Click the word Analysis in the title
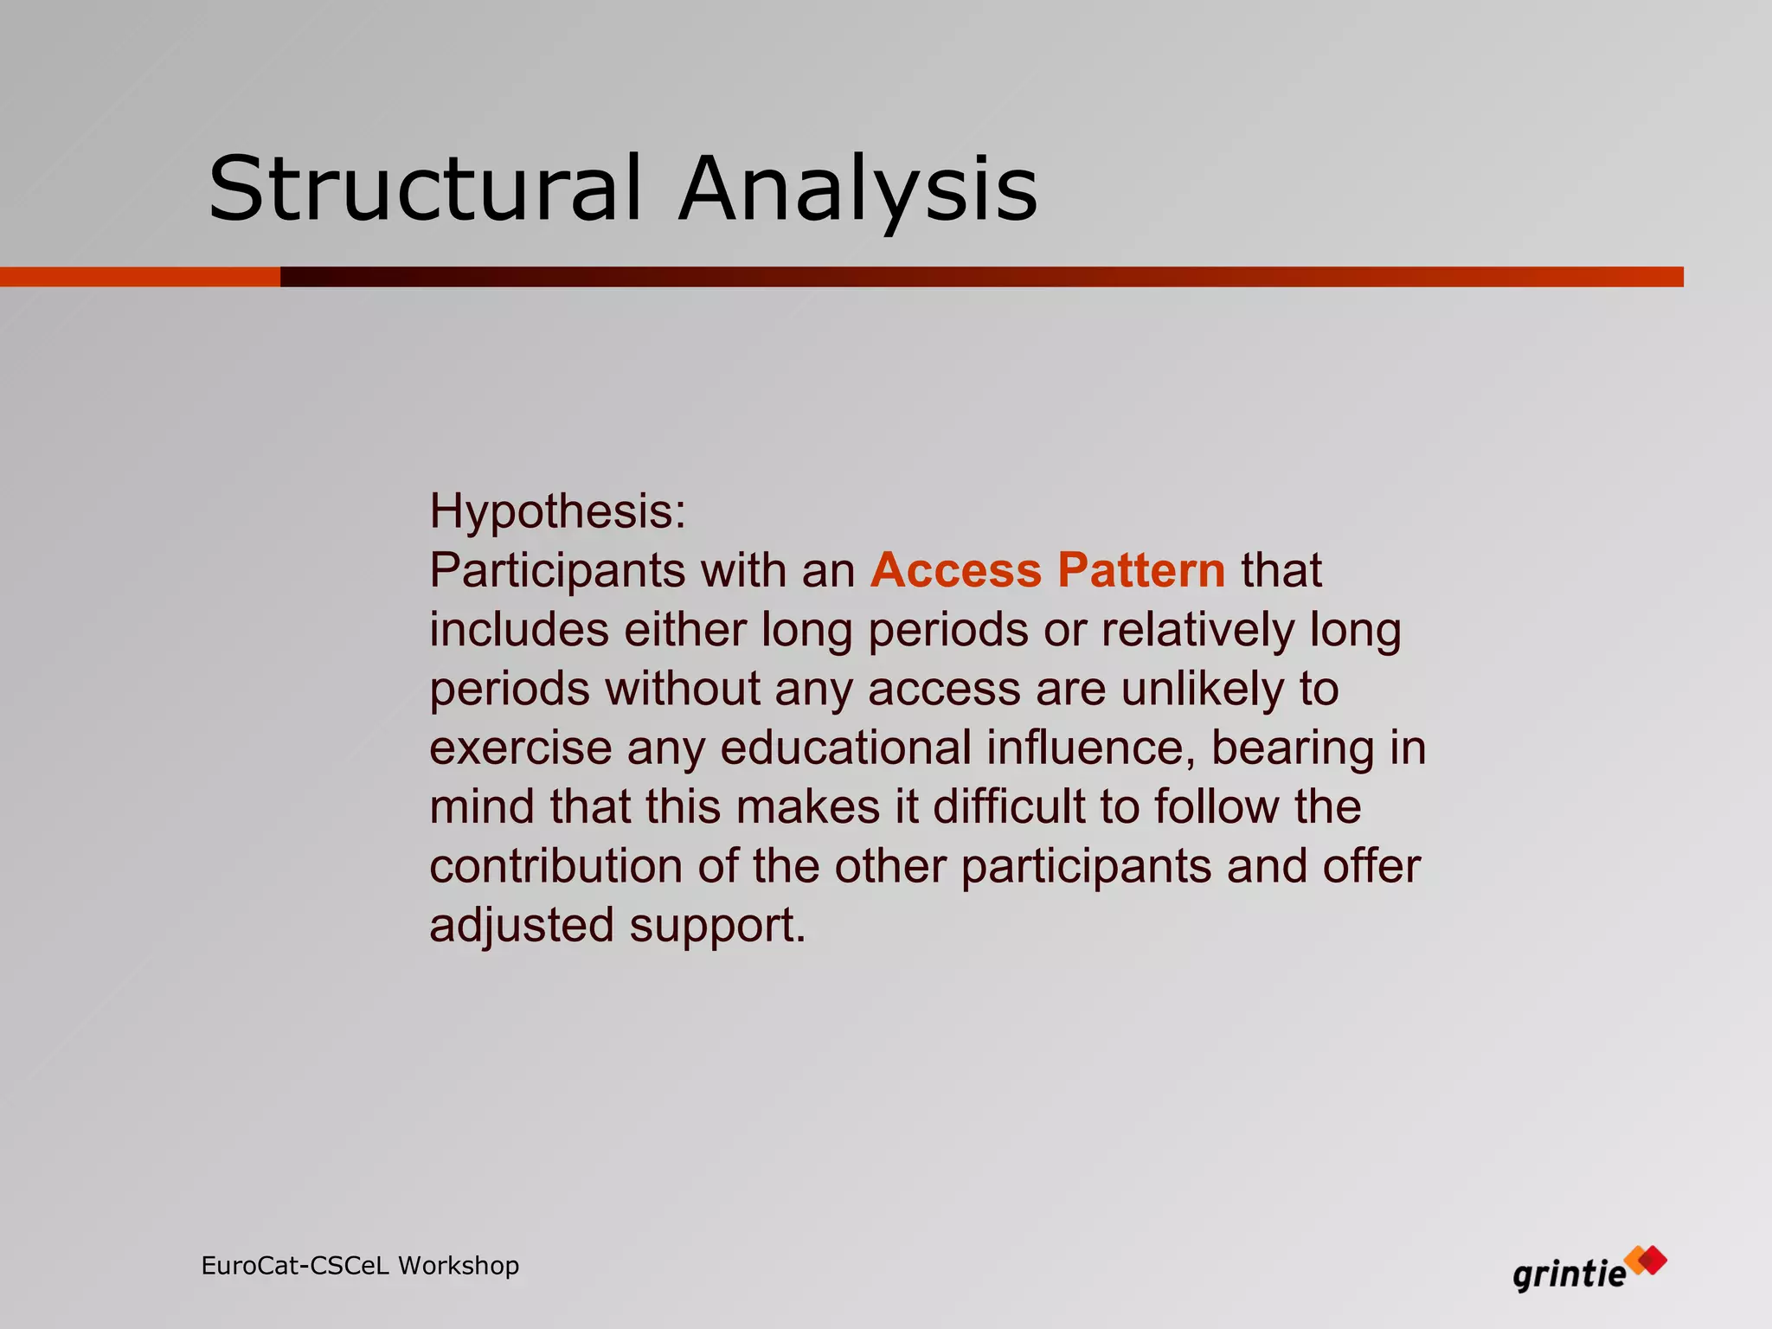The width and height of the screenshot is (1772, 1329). (857, 188)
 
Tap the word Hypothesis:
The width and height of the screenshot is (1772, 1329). (557, 510)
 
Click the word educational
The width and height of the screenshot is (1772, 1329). (845, 748)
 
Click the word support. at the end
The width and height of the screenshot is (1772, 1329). (717, 925)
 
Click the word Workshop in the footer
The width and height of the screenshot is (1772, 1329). (459, 1265)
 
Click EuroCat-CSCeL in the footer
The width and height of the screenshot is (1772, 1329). (295, 1265)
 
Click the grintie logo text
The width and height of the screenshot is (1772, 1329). (1569, 1274)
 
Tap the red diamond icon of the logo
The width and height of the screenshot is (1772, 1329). (1652, 1260)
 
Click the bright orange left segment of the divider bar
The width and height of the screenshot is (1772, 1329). (138, 277)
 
